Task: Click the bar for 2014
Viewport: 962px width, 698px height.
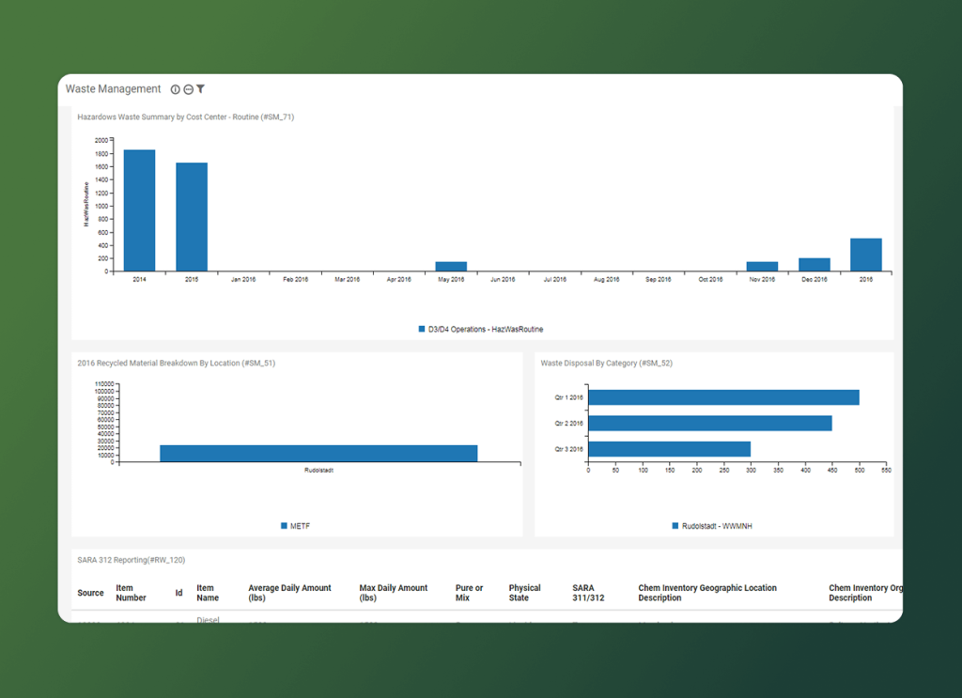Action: click(x=139, y=210)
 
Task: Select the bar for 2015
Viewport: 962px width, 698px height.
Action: click(x=192, y=217)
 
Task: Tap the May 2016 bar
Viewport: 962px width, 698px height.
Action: click(x=451, y=267)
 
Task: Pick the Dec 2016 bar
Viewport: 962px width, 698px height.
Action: click(x=815, y=265)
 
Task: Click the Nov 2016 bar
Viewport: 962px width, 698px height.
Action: click(x=762, y=267)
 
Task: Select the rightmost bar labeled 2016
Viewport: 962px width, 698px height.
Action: click(x=866, y=255)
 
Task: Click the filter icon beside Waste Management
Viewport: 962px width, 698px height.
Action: click(x=201, y=89)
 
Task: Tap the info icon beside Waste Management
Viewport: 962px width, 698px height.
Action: click(x=175, y=89)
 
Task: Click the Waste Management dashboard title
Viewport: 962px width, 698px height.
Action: click(x=114, y=89)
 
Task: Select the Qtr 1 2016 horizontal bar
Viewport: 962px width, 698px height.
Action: click(x=723, y=397)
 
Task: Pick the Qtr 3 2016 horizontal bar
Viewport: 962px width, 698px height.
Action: click(x=669, y=449)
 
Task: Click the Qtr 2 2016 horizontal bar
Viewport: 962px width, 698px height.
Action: click(x=709, y=424)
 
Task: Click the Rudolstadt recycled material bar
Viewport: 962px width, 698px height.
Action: click(x=318, y=453)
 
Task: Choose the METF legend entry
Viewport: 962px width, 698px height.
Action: click(x=295, y=526)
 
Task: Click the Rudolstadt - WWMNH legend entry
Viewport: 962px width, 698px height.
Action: click(x=711, y=526)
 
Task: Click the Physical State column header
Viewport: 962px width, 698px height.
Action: click(x=525, y=593)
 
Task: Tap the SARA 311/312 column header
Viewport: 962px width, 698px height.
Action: click(x=588, y=593)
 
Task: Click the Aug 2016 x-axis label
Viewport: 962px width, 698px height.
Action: click(x=607, y=279)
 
